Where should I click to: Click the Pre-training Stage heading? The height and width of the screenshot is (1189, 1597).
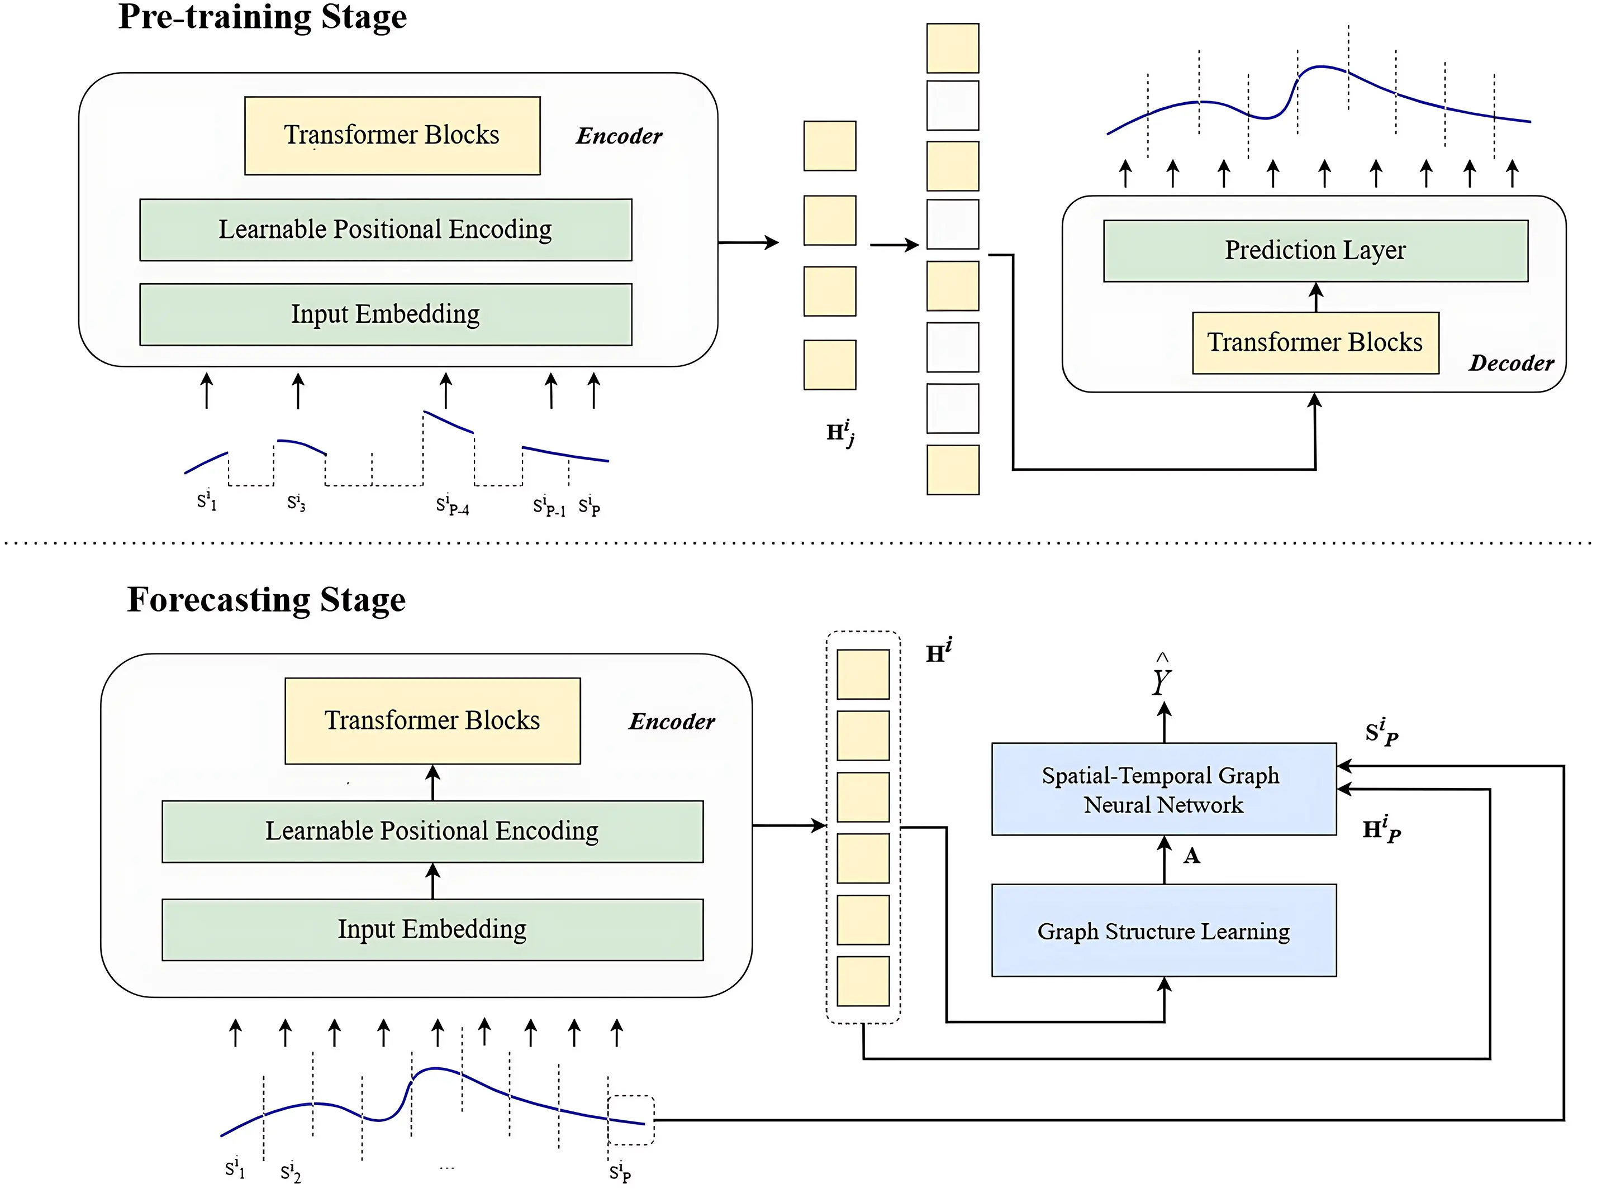pos(262,17)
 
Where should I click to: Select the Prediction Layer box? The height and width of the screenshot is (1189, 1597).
pos(1315,250)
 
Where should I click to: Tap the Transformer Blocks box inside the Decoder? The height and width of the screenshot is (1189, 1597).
pos(1315,342)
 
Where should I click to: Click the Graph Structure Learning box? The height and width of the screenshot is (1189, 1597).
pos(1163,930)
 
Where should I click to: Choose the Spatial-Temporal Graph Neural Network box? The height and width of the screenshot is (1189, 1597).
pos(1163,790)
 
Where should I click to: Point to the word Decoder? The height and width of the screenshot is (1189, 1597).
pos(1510,363)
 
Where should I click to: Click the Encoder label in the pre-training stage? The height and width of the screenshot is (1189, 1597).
pos(619,136)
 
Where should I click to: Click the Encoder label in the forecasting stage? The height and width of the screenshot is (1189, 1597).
pos(671,721)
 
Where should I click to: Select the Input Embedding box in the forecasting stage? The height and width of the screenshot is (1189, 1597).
pos(432,929)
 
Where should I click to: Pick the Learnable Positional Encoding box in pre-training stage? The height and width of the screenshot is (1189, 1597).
pos(385,230)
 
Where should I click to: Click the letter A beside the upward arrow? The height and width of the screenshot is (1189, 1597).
pos(1192,856)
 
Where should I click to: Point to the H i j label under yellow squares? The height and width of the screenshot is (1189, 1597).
pos(839,433)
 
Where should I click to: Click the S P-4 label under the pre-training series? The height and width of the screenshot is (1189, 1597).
pos(452,506)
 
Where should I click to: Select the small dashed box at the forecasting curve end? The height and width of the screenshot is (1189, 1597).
pos(631,1120)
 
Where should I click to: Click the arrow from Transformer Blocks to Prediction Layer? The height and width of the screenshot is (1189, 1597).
pos(1315,297)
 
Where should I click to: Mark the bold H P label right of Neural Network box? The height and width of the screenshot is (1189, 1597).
pos(1381,830)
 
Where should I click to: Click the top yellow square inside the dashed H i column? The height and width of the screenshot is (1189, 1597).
pos(863,675)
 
